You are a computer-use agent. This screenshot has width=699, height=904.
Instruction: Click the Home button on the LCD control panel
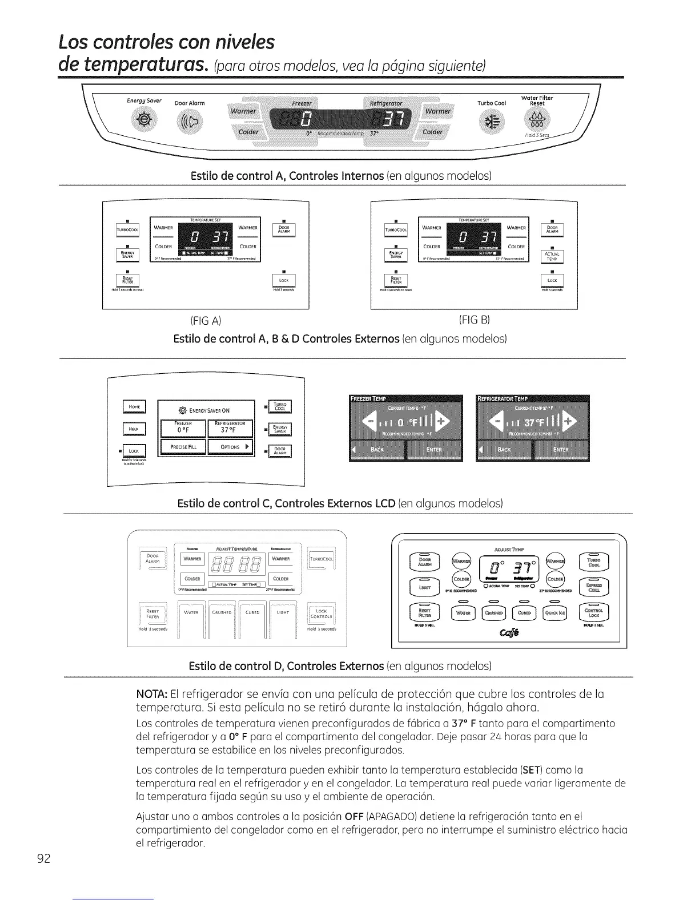135,407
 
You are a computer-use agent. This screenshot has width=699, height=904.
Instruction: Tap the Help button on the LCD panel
135,429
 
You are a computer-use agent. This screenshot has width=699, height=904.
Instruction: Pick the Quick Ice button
561,614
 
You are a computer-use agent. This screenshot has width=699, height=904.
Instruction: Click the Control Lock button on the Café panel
594,613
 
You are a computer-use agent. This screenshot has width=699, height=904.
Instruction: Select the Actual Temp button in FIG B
552,256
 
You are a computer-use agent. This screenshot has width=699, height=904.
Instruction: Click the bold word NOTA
151,695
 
